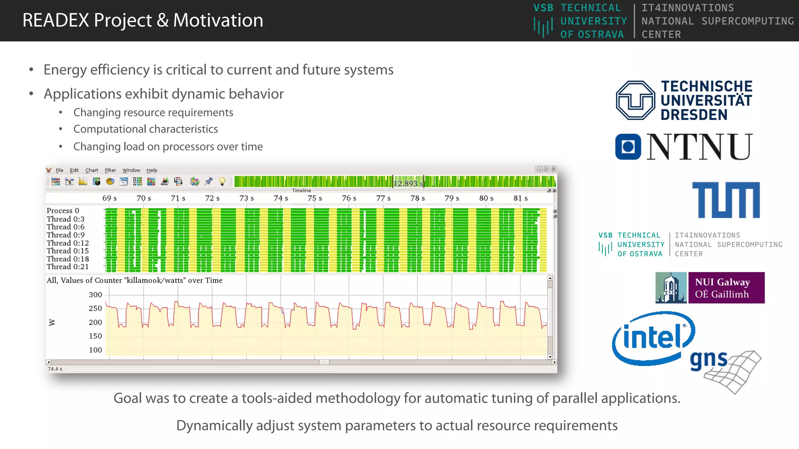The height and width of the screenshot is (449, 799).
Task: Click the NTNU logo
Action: click(x=684, y=147)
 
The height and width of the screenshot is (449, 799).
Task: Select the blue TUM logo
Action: click(x=726, y=200)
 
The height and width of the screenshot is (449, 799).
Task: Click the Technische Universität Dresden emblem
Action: click(x=635, y=100)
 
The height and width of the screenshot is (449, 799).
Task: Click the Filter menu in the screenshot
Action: click(x=110, y=170)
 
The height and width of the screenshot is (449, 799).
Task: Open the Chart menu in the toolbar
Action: click(x=92, y=170)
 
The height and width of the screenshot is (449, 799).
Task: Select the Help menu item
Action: click(x=152, y=170)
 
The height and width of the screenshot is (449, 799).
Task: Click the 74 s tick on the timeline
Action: click(x=281, y=198)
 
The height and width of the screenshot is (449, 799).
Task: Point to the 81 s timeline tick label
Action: click(x=520, y=198)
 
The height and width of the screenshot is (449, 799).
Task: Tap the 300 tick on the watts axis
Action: click(x=95, y=295)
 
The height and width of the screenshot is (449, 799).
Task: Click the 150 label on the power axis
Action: click(x=95, y=336)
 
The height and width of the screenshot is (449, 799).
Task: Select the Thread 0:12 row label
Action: click(x=67, y=243)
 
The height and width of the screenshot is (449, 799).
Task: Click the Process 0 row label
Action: click(x=63, y=210)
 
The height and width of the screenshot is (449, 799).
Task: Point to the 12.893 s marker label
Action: click(x=408, y=183)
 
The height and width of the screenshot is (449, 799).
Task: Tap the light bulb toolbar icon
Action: click(x=222, y=181)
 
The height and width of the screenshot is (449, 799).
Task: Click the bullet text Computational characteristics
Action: click(x=146, y=129)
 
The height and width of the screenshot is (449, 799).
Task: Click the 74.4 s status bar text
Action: click(x=55, y=369)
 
